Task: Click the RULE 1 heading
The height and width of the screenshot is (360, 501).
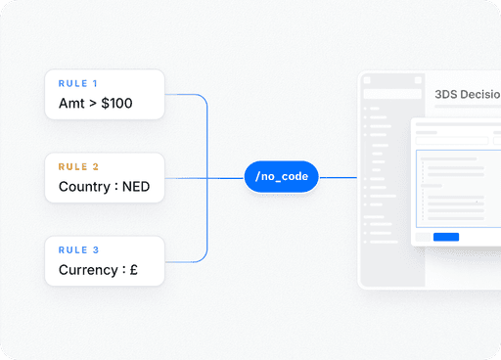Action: pyautogui.click(x=77, y=83)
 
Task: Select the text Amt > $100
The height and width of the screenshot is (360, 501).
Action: pyautogui.click(x=96, y=104)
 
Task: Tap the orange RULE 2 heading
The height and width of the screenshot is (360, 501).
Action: pyautogui.click(x=78, y=166)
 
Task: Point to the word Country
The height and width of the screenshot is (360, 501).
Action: pyautogui.click(x=84, y=187)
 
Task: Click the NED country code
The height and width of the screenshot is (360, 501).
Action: pyautogui.click(x=136, y=187)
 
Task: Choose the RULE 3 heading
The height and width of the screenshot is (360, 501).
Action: pyautogui.click(x=78, y=250)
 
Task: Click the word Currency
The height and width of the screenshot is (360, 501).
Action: pyautogui.click(x=88, y=270)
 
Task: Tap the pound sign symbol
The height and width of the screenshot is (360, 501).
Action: pyautogui.click(x=134, y=270)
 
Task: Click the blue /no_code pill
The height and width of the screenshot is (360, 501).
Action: pyautogui.click(x=281, y=176)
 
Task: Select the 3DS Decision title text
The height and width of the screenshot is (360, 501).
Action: pyautogui.click(x=468, y=94)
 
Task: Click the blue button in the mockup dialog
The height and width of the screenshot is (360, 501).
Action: pyautogui.click(x=446, y=237)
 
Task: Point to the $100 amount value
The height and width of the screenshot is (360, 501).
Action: pyautogui.click(x=116, y=104)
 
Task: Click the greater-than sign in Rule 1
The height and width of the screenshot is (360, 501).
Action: pyautogui.click(x=93, y=104)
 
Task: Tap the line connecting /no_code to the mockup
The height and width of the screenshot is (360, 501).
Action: pyautogui.click(x=339, y=178)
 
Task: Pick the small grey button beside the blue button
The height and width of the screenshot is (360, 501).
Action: pyautogui.click(x=423, y=237)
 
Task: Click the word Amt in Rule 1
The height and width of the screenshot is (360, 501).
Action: pyautogui.click(x=71, y=104)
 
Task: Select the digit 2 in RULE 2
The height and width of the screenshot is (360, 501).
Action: pyautogui.click(x=95, y=166)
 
